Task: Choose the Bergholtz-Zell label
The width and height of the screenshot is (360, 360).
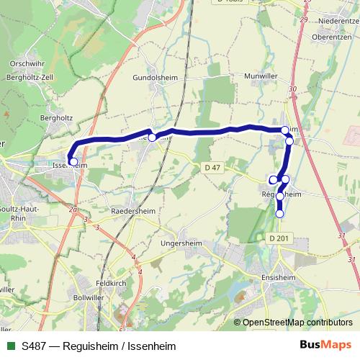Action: pyautogui.click(x=29, y=76)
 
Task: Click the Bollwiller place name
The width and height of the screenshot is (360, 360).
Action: pyautogui.click(x=89, y=297)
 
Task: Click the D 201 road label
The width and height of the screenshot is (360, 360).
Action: pyautogui.click(x=279, y=238)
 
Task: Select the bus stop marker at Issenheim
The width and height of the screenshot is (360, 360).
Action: pyautogui.click(x=73, y=161)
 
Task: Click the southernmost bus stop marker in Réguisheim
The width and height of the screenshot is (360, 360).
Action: pyautogui.click(x=279, y=213)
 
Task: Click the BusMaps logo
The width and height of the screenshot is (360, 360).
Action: pyautogui.click(x=325, y=345)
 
